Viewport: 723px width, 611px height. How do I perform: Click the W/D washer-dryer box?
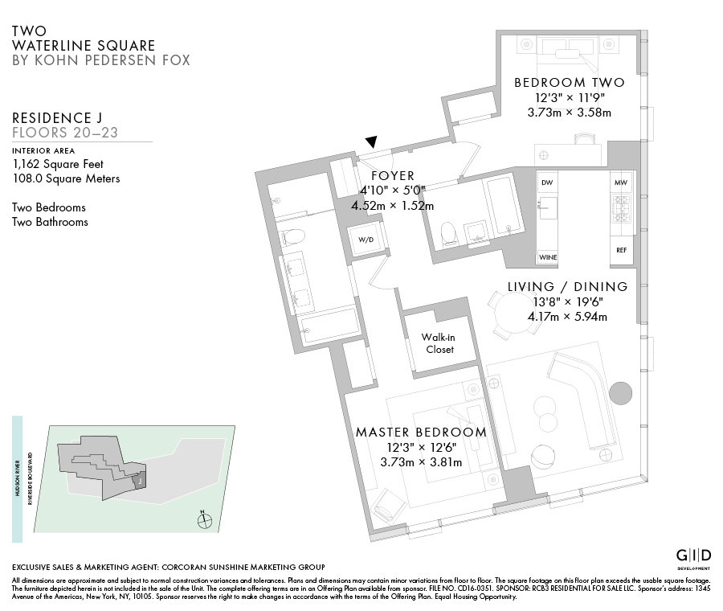pyautogui.click(x=366, y=239)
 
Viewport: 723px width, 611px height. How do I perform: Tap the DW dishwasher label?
pyautogui.click(x=547, y=183)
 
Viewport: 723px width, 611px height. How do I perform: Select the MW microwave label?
pyautogui.click(x=620, y=183)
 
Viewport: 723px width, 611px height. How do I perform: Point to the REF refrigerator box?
pyautogui.click(x=621, y=251)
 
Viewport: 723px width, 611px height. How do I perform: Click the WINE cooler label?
pyautogui.click(x=548, y=257)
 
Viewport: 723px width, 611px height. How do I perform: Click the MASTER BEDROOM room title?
pyautogui.click(x=421, y=433)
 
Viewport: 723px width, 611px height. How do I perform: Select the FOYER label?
pyautogui.click(x=392, y=176)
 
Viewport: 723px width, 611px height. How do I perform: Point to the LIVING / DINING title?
pyautogui.click(x=567, y=287)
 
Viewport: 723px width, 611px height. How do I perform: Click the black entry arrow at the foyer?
pyautogui.click(x=370, y=142)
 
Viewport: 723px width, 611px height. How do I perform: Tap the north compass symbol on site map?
pyautogui.click(x=205, y=520)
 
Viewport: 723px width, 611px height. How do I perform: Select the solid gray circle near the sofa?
pyautogui.click(x=621, y=394)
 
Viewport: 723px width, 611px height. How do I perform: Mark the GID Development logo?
pyautogui.click(x=692, y=556)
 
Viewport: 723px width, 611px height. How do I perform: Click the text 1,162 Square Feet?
pyautogui.click(x=59, y=163)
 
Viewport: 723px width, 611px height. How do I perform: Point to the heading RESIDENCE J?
pyautogui.click(x=57, y=117)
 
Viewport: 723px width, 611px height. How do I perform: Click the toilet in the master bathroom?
pyautogui.click(x=294, y=237)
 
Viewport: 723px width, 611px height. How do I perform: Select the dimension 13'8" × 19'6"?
pyautogui.click(x=566, y=301)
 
